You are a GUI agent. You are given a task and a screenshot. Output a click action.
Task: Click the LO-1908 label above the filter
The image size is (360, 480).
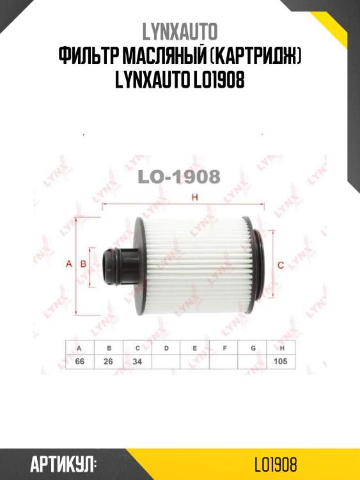coord(179,176)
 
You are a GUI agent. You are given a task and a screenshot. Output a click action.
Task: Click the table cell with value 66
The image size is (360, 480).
coord(80,362)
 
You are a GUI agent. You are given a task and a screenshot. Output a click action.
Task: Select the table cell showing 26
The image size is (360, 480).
coord(109,362)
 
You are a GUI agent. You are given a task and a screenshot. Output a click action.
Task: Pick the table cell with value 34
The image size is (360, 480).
coord(137,362)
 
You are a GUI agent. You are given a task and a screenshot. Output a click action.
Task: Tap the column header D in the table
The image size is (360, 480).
coord(166,348)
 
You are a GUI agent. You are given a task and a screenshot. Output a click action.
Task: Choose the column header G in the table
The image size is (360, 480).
coord(253,348)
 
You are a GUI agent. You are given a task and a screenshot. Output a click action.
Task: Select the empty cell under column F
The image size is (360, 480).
coord(224,362)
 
